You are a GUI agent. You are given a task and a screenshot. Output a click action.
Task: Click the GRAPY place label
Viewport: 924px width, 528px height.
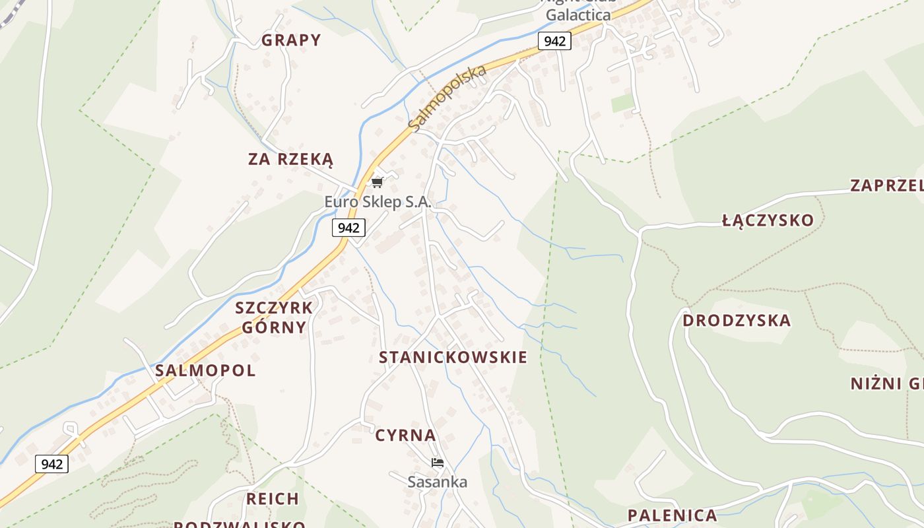coord(291,40)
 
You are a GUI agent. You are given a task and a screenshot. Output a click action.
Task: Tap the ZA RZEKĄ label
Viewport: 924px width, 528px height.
coord(291,159)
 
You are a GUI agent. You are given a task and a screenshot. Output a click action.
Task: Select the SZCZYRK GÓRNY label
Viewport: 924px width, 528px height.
coord(274,317)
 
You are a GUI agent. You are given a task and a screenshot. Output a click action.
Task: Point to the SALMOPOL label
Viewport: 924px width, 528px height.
coord(205,370)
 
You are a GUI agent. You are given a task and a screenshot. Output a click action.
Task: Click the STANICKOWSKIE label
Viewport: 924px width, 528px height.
coord(453,358)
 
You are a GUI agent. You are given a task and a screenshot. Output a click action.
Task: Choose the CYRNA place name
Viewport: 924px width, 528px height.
coord(405,436)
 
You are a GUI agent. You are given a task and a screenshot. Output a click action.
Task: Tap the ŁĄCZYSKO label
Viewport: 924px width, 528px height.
coord(768,220)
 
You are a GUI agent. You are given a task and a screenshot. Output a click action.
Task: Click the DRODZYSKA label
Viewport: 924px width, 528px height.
coord(736,321)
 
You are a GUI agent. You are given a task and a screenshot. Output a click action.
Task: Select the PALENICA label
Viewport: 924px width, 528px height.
coord(672,515)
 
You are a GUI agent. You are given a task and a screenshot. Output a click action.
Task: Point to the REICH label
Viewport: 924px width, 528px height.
coord(273,499)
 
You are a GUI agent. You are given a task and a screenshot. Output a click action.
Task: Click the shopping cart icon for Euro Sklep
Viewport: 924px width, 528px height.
coord(377,182)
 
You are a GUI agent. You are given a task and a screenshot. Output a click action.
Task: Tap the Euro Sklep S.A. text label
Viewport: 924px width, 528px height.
coord(378,202)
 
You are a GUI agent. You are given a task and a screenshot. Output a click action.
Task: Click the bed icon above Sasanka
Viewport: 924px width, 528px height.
coord(437,463)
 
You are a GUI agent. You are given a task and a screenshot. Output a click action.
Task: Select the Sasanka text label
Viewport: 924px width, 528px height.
coord(437,482)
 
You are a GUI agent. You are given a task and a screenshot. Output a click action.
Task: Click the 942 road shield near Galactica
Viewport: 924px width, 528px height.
coord(554,41)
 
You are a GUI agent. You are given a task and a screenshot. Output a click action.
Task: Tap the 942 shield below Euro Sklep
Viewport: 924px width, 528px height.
coord(348,228)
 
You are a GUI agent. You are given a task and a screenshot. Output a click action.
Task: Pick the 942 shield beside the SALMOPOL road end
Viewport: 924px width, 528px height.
coord(51,464)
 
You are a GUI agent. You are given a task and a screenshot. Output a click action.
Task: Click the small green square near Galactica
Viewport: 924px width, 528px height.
coord(622,103)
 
